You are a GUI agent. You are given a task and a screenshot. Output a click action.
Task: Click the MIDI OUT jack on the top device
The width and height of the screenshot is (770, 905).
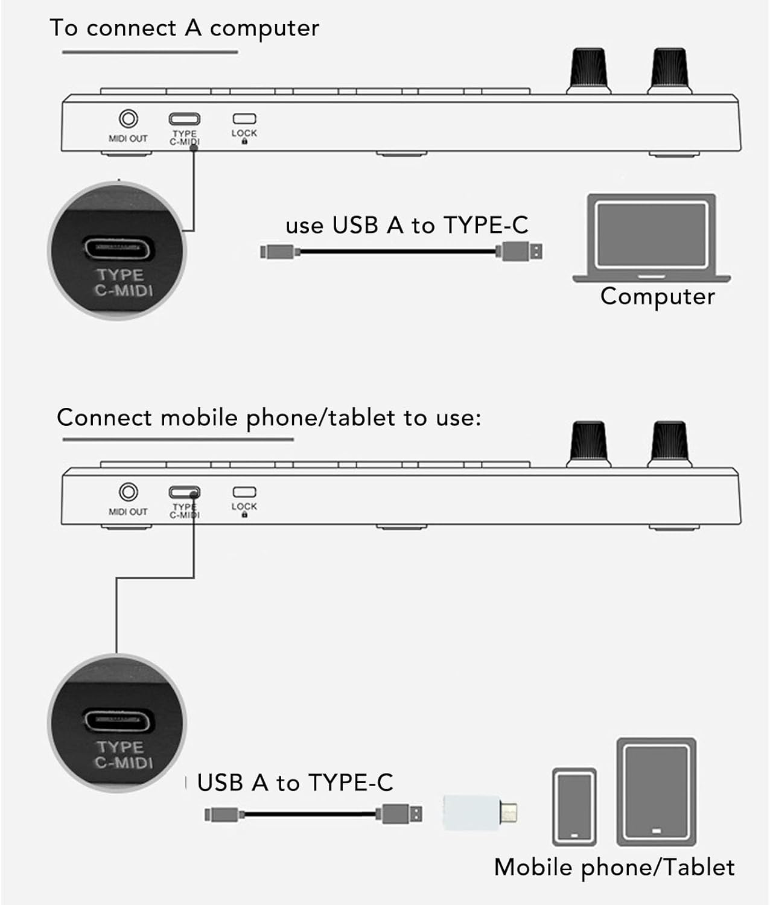tap(129, 119)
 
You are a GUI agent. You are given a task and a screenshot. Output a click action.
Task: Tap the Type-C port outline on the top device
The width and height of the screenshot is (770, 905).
tap(185, 119)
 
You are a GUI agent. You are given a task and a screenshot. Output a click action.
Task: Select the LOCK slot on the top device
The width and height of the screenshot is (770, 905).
tap(244, 119)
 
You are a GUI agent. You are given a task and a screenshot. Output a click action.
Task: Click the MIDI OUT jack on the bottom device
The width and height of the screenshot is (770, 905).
tap(129, 492)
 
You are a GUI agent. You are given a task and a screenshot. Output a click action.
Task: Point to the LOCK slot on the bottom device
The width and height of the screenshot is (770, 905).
tap(244, 492)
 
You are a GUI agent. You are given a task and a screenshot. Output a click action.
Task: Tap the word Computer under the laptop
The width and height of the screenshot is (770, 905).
tap(657, 297)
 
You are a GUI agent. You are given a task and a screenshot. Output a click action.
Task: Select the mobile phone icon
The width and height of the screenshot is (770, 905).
tap(574, 806)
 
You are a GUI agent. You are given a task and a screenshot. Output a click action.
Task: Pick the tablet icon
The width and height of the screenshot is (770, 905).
tap(656, 792)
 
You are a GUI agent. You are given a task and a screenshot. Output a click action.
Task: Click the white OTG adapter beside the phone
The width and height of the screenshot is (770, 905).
tap(480, 813)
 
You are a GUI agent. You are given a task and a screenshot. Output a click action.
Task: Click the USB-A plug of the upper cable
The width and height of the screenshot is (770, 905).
tap(521, 252)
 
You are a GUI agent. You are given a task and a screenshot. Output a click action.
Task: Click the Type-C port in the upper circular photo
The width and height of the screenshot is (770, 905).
tap(119, 249)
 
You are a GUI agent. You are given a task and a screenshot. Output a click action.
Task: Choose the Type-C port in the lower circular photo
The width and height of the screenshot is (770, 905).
tap(119, 720)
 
